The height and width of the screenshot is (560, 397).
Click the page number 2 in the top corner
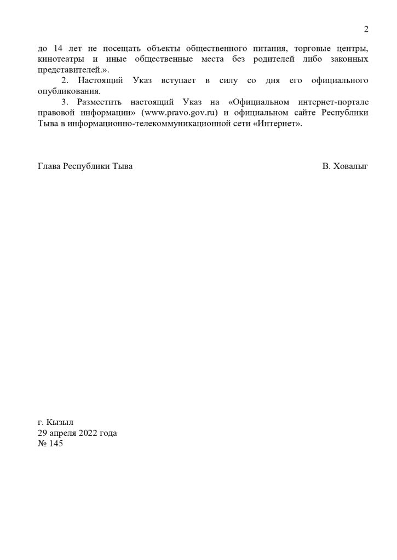point(366,30)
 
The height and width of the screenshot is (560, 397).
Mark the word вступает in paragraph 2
point(177,81)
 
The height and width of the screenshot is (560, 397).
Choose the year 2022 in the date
point(90,433)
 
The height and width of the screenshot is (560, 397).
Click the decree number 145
point(56,444)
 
